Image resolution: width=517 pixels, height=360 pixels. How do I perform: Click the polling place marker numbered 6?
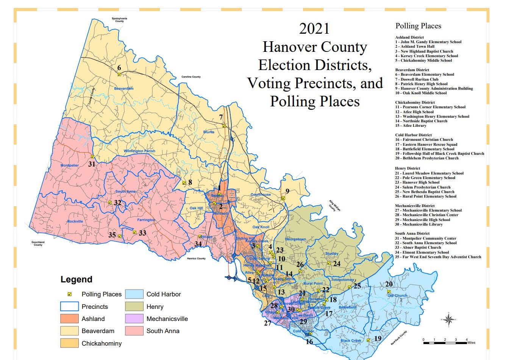pos(119,75)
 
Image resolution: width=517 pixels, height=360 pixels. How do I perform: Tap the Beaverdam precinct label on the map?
pos(123,89)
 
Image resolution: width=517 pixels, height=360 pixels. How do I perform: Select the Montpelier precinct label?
pos(70,165)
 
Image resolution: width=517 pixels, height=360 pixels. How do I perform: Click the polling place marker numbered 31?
pos(92,157)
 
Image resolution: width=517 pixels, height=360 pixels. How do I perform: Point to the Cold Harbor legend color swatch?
pos(134,294)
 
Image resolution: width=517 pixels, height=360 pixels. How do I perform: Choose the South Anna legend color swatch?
pos(134,331)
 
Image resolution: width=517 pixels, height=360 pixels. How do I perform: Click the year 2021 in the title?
pos(314,29)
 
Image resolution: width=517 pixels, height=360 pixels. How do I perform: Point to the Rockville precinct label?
pos(75,221)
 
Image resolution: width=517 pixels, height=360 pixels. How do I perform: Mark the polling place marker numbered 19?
pos(369,340)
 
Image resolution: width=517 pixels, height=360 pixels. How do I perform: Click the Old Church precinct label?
pos(397,296)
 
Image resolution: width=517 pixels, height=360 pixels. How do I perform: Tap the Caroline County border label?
pos(191,77)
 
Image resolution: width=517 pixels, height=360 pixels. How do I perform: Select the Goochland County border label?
pos(38,243)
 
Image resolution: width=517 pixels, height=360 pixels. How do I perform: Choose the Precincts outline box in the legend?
pos(69,307)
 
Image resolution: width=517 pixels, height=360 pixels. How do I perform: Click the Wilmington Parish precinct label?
pos(139,151)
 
